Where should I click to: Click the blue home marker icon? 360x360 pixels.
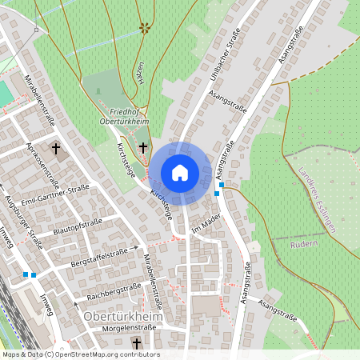pos(180,172)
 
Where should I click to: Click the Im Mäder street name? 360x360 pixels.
pos(206,225)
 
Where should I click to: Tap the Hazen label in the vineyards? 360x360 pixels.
pos(140,73)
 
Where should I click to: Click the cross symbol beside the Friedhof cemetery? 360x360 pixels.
pos(143,147)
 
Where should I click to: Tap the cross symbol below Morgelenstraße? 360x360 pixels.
pos(136,343)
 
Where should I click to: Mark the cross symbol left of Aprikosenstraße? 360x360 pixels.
pos(56,148)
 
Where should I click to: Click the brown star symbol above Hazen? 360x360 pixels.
pos(145,28)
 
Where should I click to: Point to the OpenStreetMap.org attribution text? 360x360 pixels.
pos(80,354)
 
